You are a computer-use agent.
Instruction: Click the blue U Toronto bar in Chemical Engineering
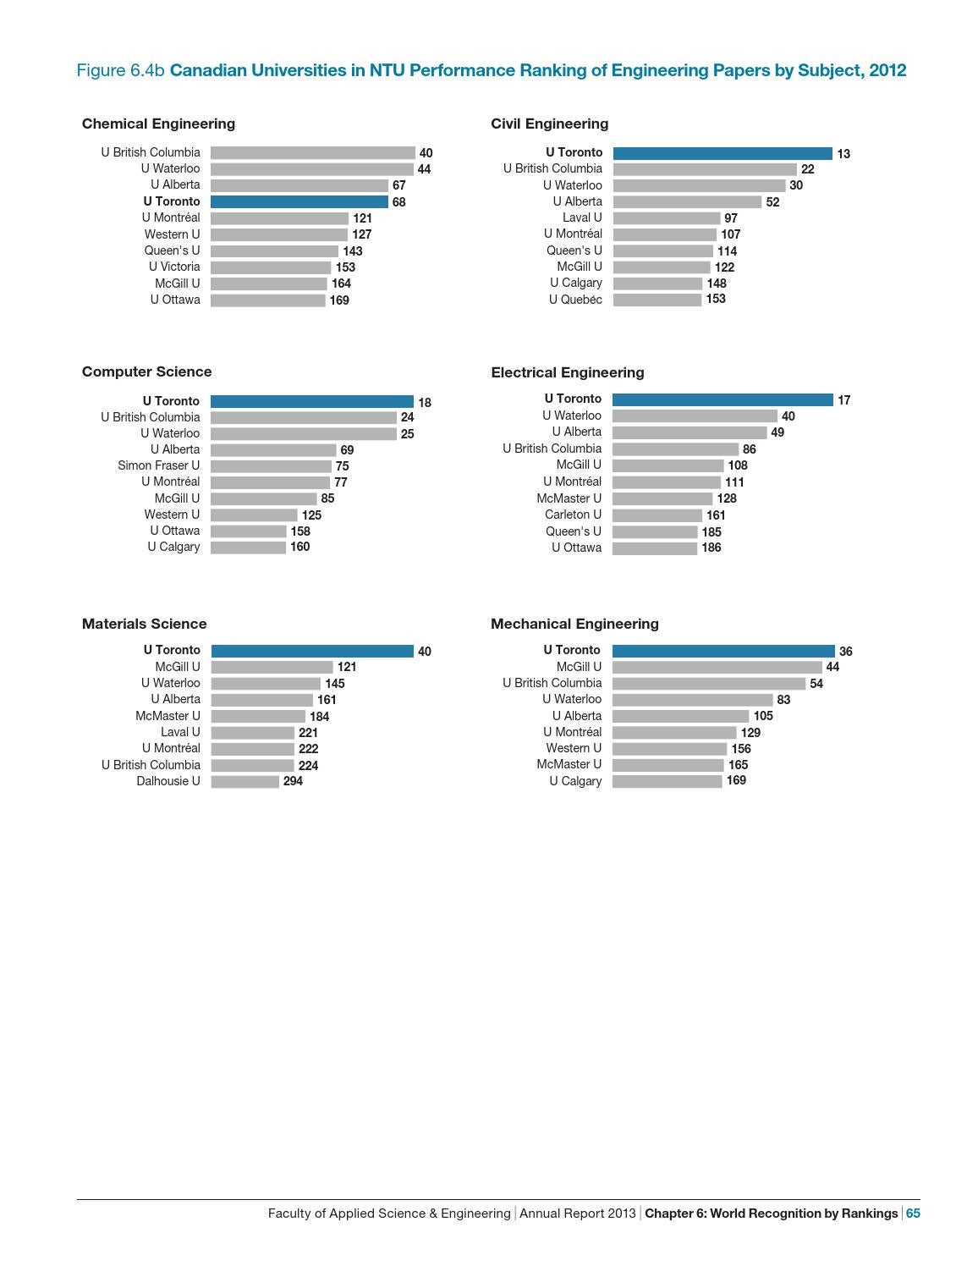click(299, 201)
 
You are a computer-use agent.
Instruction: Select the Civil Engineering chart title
click(549, 124)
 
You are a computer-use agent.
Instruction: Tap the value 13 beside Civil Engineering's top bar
click(843, 154)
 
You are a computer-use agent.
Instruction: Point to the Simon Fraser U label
click(159, 465)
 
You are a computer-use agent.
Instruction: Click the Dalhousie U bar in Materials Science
click(244, 782)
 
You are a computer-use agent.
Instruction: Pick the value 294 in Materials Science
click(293, 781)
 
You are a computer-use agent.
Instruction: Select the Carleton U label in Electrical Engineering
click(573, 515)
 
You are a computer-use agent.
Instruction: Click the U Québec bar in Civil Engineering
click(657, 300)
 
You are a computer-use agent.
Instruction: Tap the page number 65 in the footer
click(913, 1213)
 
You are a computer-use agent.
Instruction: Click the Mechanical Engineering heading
click(574, 624)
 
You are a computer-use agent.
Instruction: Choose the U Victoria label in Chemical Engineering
click(174, 267)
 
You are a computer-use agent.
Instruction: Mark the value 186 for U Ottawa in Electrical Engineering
click(712, 548)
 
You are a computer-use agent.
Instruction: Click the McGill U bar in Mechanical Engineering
click(717, 667)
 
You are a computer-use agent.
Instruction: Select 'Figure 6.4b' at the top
click(120, 70)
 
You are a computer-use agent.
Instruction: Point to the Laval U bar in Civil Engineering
click(667, 218)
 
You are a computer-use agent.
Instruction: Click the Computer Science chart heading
click(146, 372)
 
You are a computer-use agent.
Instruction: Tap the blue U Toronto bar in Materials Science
click(312, 651)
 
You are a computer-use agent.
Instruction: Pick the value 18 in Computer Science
click(425, 403)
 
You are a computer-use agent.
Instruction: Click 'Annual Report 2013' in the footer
click(577, 1213)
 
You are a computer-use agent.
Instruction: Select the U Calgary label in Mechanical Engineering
click(575, 781)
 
